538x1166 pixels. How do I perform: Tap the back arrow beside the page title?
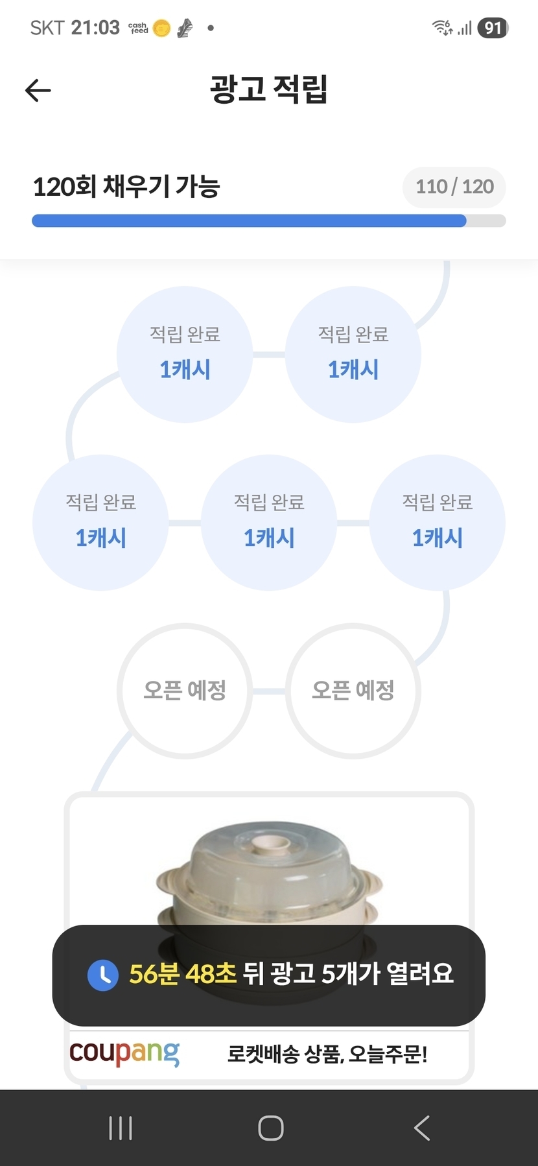coord(38,90)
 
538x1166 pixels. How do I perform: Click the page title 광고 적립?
coord(269,89)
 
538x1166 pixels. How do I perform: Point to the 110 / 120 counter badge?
coord(454,187)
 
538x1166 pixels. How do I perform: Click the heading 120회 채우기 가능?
coord(126,187)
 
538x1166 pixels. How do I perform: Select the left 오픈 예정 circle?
coord(185,691)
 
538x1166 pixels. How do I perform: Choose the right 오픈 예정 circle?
coord(353,691)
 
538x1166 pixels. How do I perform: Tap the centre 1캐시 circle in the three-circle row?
coord(269,523)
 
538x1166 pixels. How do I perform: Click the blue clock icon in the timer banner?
coord(103,975)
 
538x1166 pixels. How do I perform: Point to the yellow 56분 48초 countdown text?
coord(183,973)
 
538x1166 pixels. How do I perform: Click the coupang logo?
coord(124,1053)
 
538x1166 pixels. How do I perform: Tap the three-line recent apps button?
coord(121,1128)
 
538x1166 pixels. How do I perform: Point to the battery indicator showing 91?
coord(493,28)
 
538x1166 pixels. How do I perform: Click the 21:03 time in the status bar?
coord(95,28)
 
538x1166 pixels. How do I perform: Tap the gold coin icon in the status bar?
coord(162,29)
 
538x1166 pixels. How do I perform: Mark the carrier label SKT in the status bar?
coord(47,28)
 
